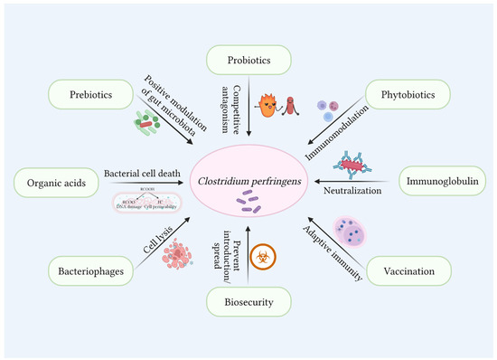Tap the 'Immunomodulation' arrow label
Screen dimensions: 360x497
336,116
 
